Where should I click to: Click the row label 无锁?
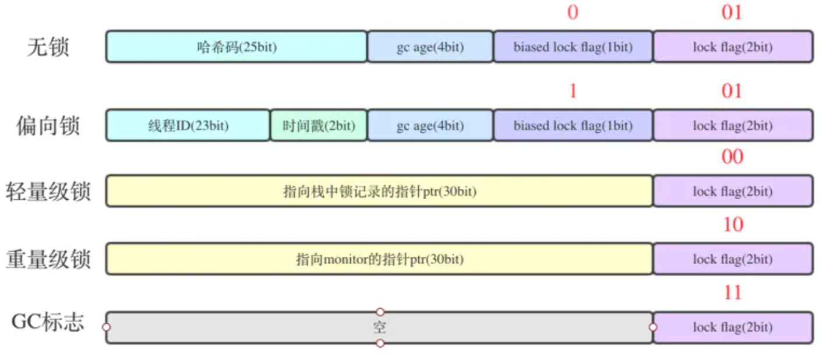[x=48, y=47]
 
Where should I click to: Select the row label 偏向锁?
[x=48, y=125]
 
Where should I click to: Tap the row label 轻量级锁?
[x=48, y=191]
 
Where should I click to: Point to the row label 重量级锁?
[x=48, y=259]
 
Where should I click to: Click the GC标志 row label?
[x=48, y=323]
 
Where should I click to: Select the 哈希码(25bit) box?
[x=236, y=47]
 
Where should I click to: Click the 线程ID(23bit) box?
[x=188, y=125]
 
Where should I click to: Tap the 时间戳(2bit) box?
[x=319, y=125]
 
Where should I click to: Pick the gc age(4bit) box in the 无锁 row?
[x=430, y=47]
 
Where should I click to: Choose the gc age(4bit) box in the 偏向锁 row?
[x=430, y=125]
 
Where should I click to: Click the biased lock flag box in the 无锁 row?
[x=573, y=47]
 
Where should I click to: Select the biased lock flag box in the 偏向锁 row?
[x=573, y=125]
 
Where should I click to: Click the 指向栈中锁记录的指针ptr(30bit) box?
[x=379, y=191]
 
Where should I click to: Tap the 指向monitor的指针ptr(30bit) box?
[x=379, y=259]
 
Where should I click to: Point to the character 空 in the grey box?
[x=379, y=327]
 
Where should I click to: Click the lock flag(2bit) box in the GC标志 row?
[x=733, y=327]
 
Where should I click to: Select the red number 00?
[x=732, y=157]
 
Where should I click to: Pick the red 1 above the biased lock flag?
[x=573, y=91]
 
